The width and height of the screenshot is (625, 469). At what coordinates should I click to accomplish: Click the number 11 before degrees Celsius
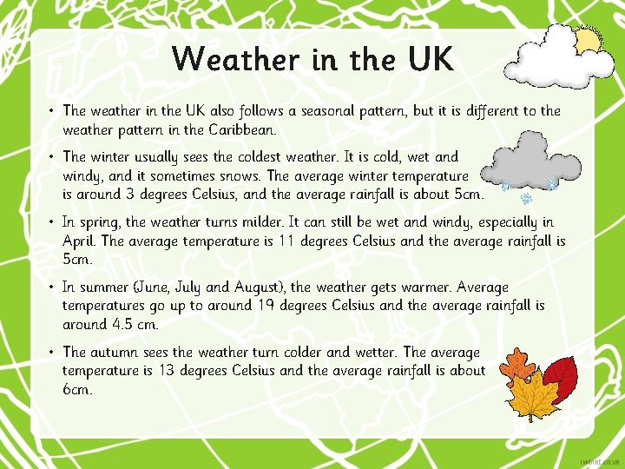tap(287, 241)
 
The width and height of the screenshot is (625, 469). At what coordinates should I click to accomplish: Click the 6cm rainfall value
tap(76, 390)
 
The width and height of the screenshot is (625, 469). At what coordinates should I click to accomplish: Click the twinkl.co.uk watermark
tap(598, 458)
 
